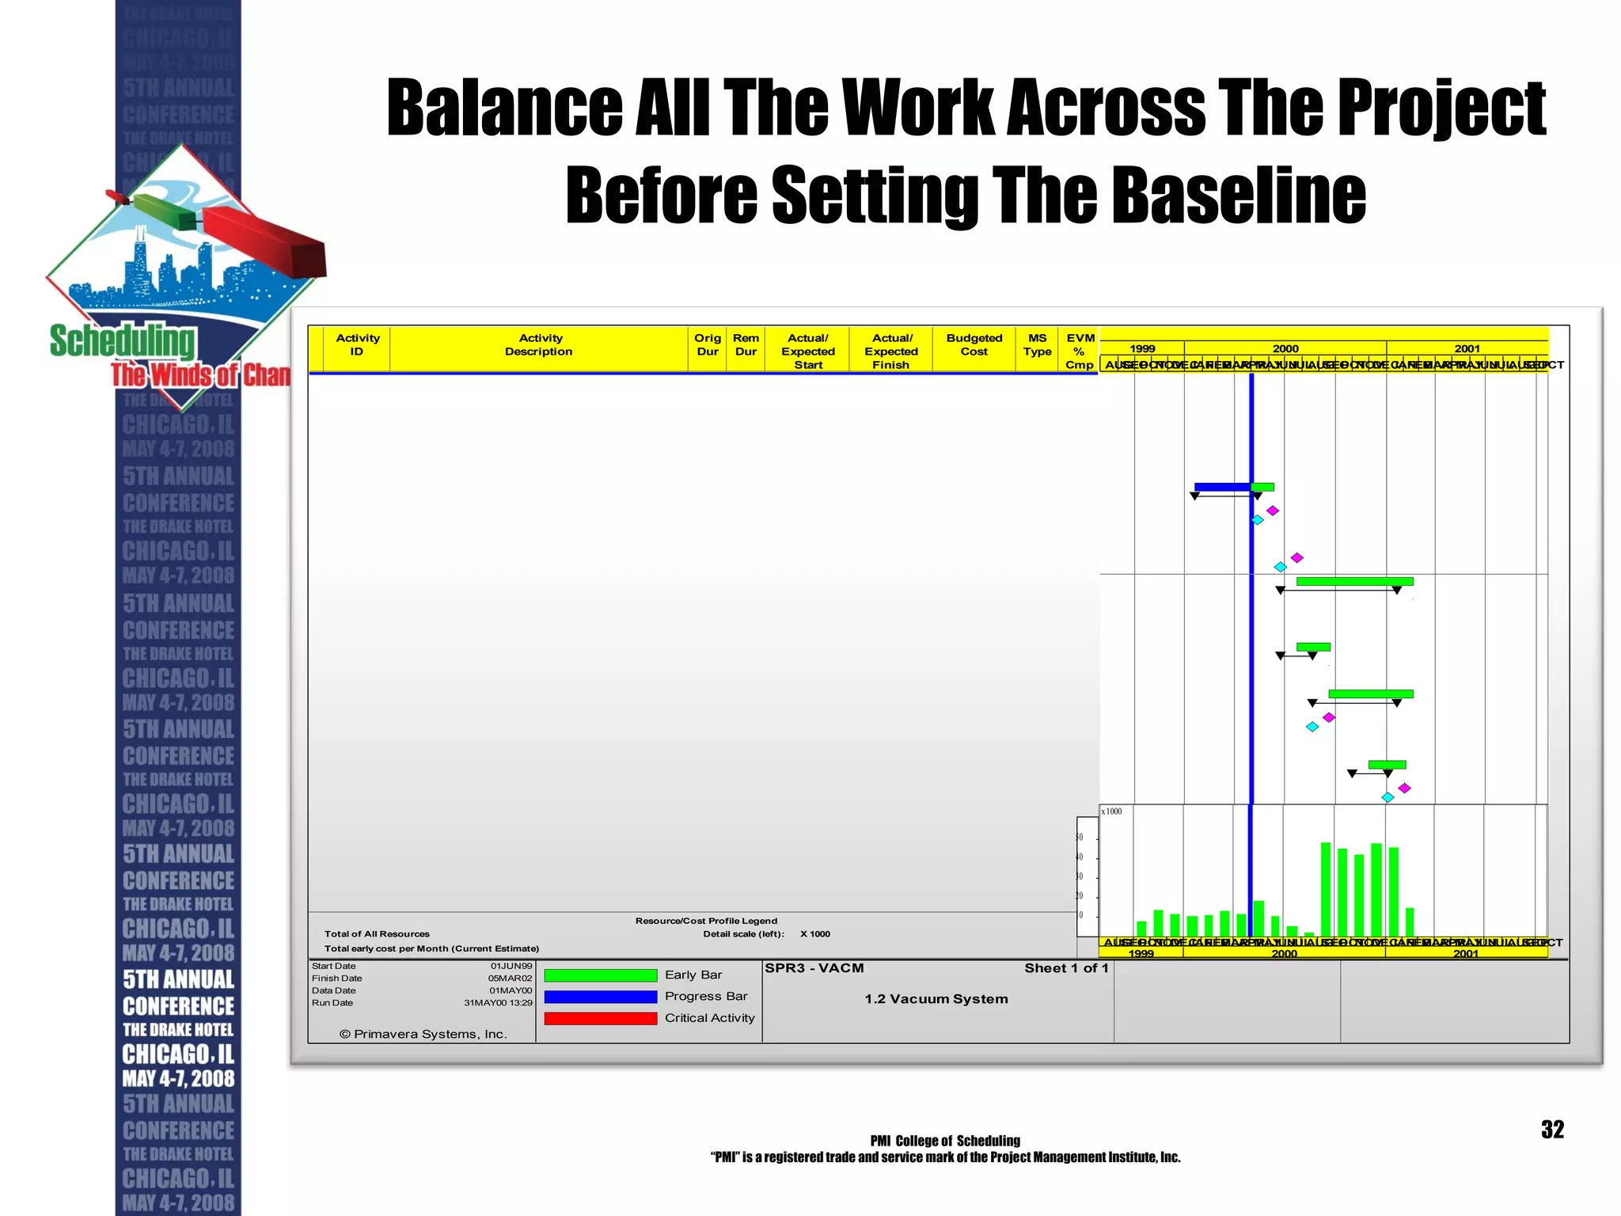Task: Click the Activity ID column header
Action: click(357, 345)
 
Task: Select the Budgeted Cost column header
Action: click(974, 345)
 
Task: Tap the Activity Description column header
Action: click(539, 345)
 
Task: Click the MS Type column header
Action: click(1037, 345)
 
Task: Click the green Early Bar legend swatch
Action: click(600, 975)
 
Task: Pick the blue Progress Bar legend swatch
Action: click(600, 997)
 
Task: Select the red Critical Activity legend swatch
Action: click(600, 1018)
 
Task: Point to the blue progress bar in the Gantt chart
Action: click(1222, 487)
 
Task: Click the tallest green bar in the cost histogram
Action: click(1326, 888)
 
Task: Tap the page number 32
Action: click(1552, 1130)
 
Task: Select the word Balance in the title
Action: click(504, 108)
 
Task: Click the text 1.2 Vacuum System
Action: click(936, 999)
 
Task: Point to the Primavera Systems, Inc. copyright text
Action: click(423, 1034)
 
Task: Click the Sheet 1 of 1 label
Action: click(1066, 968)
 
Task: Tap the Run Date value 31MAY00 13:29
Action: click(498, 1003)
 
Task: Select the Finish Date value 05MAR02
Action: click(510, 978)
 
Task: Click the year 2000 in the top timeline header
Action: click(1285, 348)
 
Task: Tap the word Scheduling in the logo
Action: click(122, 341)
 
